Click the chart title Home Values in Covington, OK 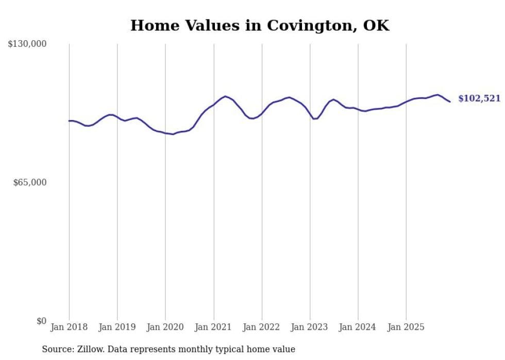[x=260, y=25]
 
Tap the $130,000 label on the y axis [x=27, y=44]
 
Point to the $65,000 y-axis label [x=29, y=182]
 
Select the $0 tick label [x=41, y=321]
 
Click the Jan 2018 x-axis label [x=69, y=327]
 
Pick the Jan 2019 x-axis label [x=117, y=327]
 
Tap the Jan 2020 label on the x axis [x=165, y=327]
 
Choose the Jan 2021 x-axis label [x=213, y=327]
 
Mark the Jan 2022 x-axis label [x=262, y=327]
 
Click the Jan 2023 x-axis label [x=310, y=327]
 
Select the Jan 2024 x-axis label [x=358, y=327]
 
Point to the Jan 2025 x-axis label [x=406, y=327]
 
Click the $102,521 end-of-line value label [x=479, y=98]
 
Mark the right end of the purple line [x=450, y=101]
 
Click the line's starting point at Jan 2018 [x=69, y=121]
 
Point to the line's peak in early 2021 [x=225, y=96]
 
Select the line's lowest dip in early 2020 [x=173, y=134]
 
